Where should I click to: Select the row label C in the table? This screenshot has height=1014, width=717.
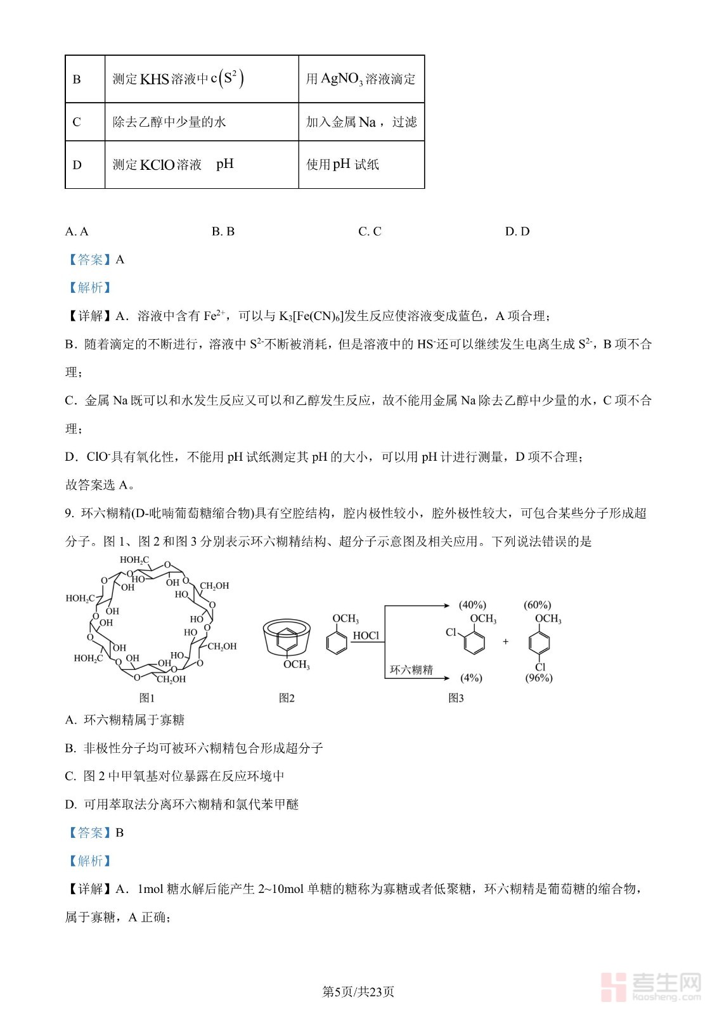(x=77, y=122)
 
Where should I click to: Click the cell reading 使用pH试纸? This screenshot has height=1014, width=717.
(x=342, y=165)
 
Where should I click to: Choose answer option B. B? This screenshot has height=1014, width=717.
(x=223, y=231)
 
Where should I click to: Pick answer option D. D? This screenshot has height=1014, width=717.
(x=517, y=231)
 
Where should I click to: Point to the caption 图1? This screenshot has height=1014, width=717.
(x=147, y=698)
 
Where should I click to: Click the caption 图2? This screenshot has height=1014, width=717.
(x=287, y=698)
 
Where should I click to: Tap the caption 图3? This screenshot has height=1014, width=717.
(x=456, y=698)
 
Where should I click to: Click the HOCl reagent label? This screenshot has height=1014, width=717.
(x=366, y=636)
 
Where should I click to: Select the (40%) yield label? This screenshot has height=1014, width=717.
(x=472, y=605)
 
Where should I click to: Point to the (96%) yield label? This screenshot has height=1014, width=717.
(x=539, y=678)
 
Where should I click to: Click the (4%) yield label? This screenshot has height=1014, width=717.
(x=471, y=677)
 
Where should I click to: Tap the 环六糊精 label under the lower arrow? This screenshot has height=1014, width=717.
(x=411, y=670)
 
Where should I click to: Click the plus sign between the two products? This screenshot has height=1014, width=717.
(x=505, y=641)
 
